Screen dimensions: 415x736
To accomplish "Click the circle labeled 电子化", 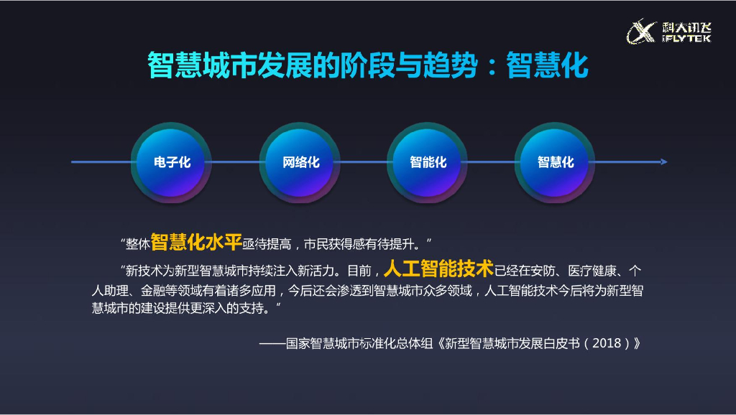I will [172, 162].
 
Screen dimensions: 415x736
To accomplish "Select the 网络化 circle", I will [300, 162].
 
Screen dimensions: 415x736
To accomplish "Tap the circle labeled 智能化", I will [428, 162].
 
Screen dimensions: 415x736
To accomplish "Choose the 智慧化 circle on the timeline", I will [556, 162].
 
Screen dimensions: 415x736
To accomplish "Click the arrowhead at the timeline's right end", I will [663, 162].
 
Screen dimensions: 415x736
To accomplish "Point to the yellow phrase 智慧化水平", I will [195, 243].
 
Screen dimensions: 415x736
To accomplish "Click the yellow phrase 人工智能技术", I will [438, 269].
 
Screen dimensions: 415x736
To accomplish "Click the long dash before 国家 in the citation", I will [272, 343].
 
